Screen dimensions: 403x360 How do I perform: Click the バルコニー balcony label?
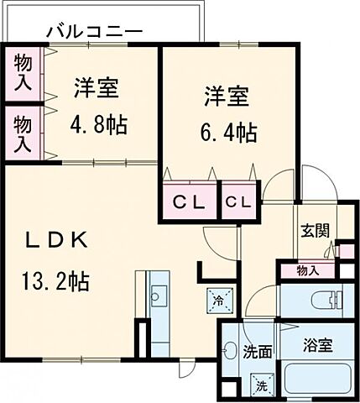click(x=93, y=32)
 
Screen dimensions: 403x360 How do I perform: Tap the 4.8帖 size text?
click(x=97, y=126)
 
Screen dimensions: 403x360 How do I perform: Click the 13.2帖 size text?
click(x=56, y=280)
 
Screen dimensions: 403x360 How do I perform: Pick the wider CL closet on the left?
click(x=190, y=202)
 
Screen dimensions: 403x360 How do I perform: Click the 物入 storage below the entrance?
click(x=308, y=270)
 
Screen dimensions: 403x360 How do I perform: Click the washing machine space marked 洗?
click(x=262, y=385)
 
